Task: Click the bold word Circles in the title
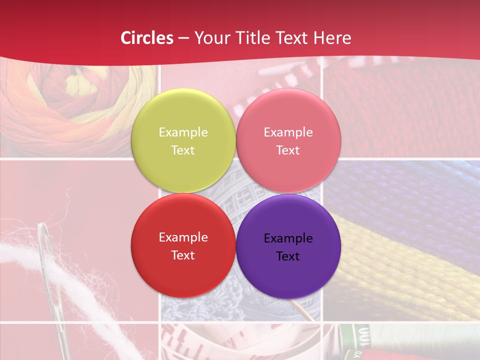[x=147, y=38]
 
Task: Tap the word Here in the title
[x=332, y=38]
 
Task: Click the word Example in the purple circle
[x=288, y=238]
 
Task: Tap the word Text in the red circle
[x=183, y=255]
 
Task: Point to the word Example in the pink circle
[x=288, y=132]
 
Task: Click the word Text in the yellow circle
[x=183, y=150]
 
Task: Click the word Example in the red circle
[x=183, y=237]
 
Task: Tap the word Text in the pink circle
[x=288, y=150]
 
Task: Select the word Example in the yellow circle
[x=183, y=132]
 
